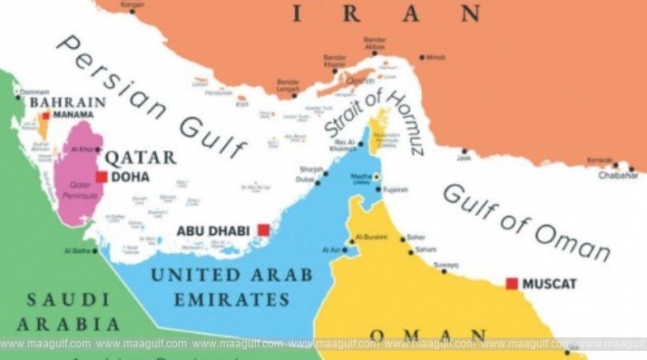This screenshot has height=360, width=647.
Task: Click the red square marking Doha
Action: [x=102, y=177]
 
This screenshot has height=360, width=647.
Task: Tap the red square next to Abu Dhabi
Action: [x=264, y=229]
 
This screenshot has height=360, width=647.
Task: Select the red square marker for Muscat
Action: [x=512, y=284]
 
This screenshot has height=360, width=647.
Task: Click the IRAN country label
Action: [x=382, y=14]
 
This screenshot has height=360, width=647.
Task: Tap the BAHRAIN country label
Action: [x=67, y=102]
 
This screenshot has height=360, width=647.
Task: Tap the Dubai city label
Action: [x=305, y=180]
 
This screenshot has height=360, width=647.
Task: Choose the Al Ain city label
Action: [x=330, y=248]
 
